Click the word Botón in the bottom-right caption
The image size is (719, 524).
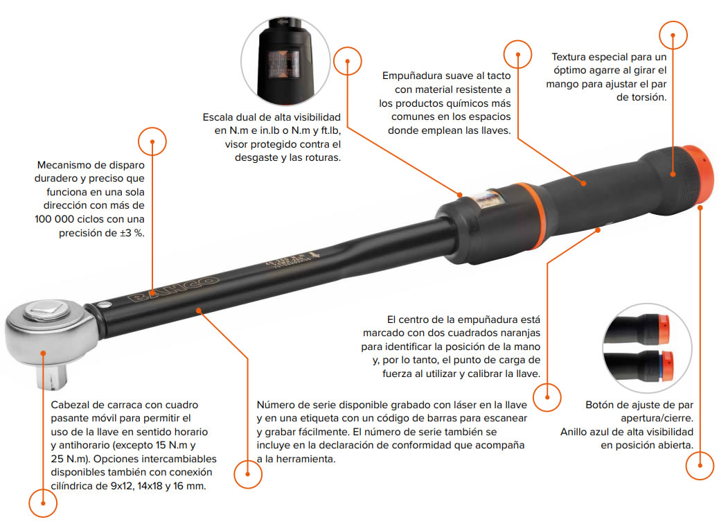point(600,405)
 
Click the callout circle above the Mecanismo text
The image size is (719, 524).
point(152,141)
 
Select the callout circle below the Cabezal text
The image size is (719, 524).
point(43,503)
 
